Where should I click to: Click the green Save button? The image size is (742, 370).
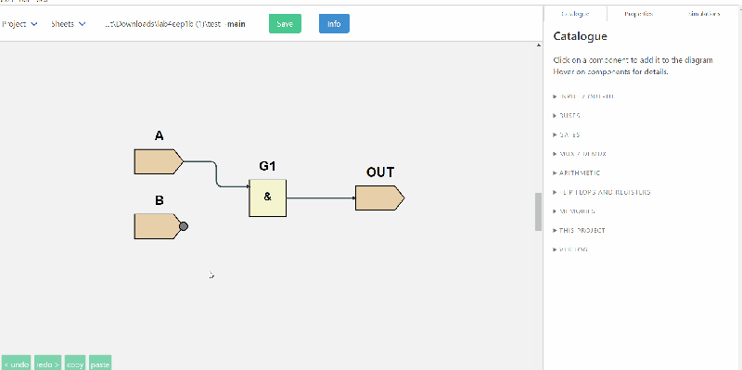[x=285, y=23]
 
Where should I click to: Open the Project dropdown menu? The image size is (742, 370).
[x=19, y=23]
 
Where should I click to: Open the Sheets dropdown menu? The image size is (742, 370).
[x=69, y=23]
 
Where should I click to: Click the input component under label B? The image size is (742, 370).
[x=157, y=226]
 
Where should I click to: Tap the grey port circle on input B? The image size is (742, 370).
[x=184, y=226]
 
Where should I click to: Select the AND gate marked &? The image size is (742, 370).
[x=267, y=197]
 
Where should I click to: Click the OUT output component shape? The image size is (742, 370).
[x=379, y=198]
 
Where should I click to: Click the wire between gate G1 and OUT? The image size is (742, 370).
[x=320, y=198]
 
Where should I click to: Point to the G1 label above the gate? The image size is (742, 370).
[x=267, y=167]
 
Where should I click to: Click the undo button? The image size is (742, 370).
[x=17, y=364]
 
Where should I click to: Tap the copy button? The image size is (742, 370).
[x=75, y=364]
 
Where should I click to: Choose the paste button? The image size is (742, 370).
[x=100, y=364]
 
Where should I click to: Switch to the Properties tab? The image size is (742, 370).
[x=638, y=14]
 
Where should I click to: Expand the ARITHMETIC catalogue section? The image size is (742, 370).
[x=580, y=172]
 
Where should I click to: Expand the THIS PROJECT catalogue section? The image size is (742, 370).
[x=582, y=230]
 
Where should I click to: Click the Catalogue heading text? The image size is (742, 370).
[x=580, y=37]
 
